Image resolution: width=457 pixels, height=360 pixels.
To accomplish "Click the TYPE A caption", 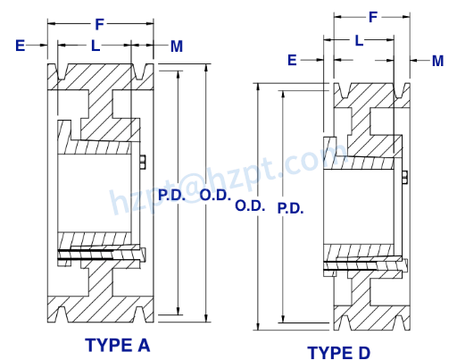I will [x=117, y=344].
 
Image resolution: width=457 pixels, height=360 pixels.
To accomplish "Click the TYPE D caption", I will [x=338, y=352].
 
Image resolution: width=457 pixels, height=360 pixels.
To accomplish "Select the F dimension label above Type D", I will [x=372, y=17].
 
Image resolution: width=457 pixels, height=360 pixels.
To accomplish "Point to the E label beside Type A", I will [x=20, y=45].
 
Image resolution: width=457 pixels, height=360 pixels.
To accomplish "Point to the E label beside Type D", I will [x=292, y=60].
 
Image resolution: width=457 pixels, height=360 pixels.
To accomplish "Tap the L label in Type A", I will [x=96, y=45].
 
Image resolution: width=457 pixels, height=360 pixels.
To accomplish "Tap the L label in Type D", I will [x=359, y=40].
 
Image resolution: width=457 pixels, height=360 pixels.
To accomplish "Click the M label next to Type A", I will [x=177, y=45].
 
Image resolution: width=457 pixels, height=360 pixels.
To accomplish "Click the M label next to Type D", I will [x=437, y=60].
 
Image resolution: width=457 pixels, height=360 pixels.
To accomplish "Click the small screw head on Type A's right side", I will [x=144, y=160].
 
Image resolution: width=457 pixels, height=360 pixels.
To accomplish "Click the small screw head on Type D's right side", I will [x=405, y=176].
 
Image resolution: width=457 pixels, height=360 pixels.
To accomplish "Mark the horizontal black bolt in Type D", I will [x=361, y=264].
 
